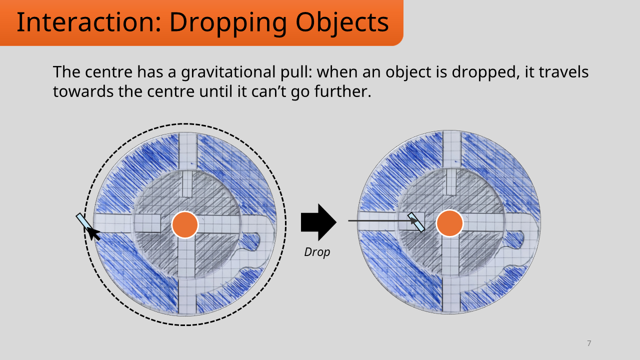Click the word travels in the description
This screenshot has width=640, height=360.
pos(563,72)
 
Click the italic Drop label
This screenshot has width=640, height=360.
pos(317,252)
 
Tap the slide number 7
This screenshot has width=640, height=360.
pos(589,343)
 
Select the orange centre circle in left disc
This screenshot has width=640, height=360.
pos(185,224)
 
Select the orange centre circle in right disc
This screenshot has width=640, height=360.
pos(449,223)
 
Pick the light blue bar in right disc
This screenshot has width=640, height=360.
pos(416,222)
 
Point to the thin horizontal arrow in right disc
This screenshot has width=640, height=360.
pos(380,220)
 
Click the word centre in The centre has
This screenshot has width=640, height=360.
pos(100,72)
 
